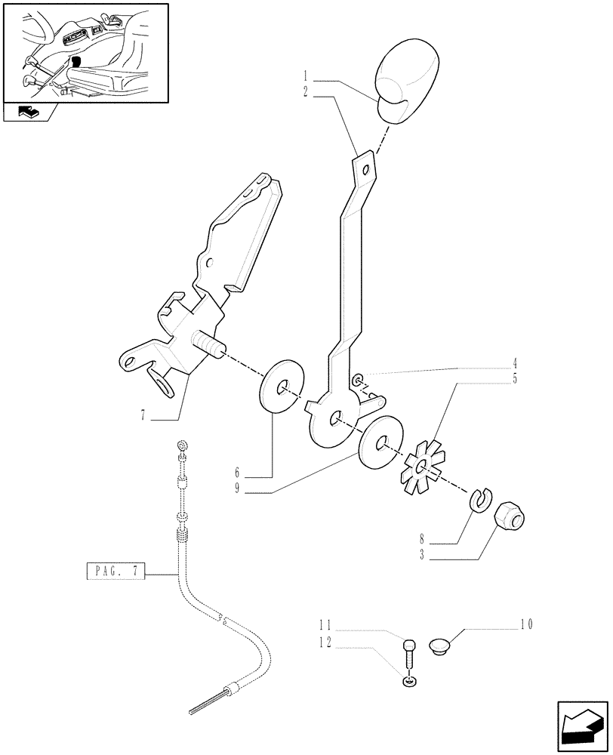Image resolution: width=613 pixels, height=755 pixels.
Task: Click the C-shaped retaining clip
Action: [x=478, y=498]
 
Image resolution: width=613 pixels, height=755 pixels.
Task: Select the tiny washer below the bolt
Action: [x=408, y=683]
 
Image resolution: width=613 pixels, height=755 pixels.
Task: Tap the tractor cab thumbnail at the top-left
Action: [x=85, y=53]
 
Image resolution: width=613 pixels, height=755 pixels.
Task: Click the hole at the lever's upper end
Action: [x=366, y=170]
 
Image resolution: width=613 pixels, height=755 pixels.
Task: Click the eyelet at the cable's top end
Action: [x=181, y=444]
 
